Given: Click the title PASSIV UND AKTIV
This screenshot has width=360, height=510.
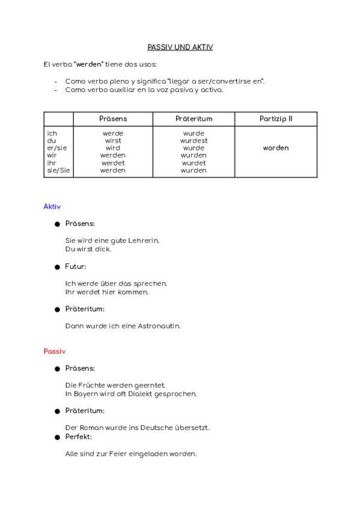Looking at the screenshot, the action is click(x=180, y=47).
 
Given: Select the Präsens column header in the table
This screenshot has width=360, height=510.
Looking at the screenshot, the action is click(x=113, y=119).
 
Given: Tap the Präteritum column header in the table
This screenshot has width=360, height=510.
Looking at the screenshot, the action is click(x=194, y=119).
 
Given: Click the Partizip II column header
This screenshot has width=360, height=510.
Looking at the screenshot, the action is click(x=276, y=119).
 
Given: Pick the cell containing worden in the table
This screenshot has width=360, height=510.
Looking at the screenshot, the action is click(x=276, y=148).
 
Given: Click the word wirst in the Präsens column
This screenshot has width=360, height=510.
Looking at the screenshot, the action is click(x=113, y=141).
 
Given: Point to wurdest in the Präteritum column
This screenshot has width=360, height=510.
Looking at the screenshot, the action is click(x=194, y=141).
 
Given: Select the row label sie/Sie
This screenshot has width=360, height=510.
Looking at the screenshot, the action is click(x=58, y=170).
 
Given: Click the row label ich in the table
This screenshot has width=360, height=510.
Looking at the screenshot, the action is click(x=52, y=134).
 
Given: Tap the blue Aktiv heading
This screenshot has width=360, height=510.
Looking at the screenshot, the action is click(x=52, y=206).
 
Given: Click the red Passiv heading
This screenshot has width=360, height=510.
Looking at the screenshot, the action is click(x=54, y=351).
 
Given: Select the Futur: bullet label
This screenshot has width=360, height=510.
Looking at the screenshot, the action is click(x=76, y=266).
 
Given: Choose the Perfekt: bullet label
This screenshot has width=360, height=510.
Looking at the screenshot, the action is click(x=78, y=437).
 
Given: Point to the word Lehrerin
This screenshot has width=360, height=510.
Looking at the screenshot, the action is click(x=144, y=241).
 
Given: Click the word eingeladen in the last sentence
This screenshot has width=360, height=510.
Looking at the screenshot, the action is click(x=147, y=454).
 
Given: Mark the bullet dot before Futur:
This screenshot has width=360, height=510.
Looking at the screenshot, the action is click(x=58, y=266).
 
